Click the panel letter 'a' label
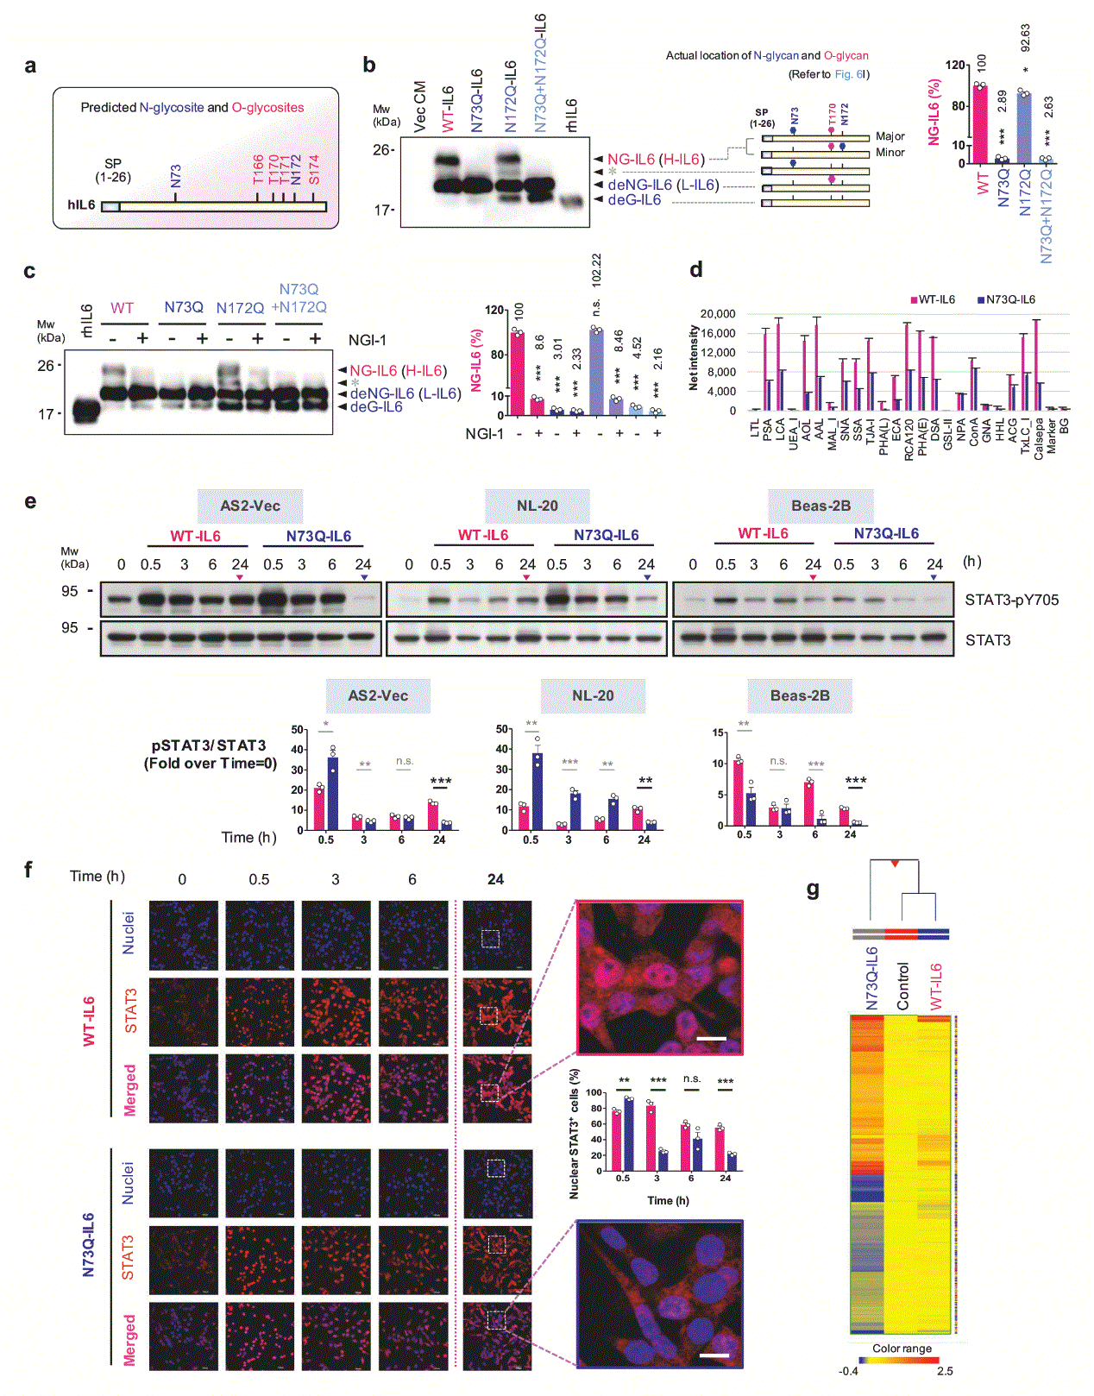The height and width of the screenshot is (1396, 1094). pyautogui.click(x=30, y=66)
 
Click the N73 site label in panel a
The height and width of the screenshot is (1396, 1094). pyautogui.click(x=176, y=176)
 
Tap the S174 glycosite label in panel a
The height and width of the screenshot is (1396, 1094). pyautogui.click(x=314, y=169)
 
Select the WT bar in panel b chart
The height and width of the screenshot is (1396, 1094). pyautogui.click(x=980, y=124)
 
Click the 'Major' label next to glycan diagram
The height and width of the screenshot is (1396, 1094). pyautogui.click(x=890, y=136)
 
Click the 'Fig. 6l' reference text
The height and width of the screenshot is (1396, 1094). pyautogui.click(x=850, y=74)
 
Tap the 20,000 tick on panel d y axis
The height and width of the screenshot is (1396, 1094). pyautogui.click(x=718, y=314)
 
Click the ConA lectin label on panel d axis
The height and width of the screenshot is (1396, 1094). pyautogui.click(x=974, y=432)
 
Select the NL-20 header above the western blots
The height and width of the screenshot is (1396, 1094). pyautogui.click(x=537, y=506)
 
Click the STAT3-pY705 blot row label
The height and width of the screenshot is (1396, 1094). pyautogui.click(x=1011, y=600)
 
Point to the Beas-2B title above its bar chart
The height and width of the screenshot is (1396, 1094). pyautogui.click(x=800, y=695)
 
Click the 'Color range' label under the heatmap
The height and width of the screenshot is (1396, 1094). pyautogui.click(x=902, y=1348)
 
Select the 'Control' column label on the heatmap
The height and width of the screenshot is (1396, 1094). pyautogui.click(x=903, y=985)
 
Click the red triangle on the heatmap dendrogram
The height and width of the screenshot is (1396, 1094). pyautogui.click(x=895, y=864)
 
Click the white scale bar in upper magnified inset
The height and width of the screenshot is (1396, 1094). pyautogui.click(x=711, y=1039)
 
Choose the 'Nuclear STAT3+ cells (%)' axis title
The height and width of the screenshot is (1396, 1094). pyautogui.click(x=575, y=1134)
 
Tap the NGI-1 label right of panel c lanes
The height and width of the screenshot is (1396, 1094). pyautogui.click(x=367, y=340)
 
